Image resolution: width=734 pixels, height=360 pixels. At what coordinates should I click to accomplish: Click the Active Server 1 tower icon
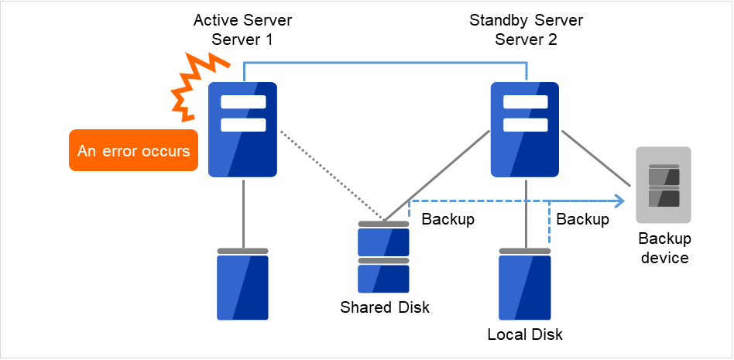click(243, 130)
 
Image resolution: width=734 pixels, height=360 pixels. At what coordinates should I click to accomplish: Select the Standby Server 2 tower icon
click(526, 130)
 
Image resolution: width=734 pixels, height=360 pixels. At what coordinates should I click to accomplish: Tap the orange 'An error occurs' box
click(133, 151)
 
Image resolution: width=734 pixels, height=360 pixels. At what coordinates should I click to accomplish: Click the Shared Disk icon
click(383, 255)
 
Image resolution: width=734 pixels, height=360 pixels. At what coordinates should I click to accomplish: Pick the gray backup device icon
click(663, 186)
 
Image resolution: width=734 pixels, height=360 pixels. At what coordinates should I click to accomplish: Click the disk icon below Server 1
click(242, 284)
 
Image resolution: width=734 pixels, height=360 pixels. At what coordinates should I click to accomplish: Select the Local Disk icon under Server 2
click(525, 284)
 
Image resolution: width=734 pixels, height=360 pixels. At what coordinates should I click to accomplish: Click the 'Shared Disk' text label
click(385, 307)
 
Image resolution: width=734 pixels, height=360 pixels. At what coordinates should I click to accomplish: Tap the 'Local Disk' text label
click(525, 334)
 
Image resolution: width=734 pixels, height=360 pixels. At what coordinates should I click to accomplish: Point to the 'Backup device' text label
click(664, 248)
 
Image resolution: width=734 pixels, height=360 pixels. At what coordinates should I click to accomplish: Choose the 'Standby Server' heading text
click(526, 19)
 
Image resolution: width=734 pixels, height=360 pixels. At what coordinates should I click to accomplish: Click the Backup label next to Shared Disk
click(448, 219)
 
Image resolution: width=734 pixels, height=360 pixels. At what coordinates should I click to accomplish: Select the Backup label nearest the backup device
click(583, 219)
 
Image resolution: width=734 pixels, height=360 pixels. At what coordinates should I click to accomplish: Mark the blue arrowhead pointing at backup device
click(619, 203)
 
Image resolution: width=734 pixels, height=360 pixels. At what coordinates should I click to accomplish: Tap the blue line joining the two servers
click(385, 63)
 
